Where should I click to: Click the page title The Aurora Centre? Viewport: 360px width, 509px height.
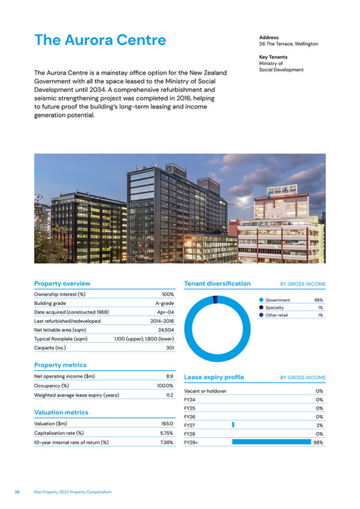(100, 40)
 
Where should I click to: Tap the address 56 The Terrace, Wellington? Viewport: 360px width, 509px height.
(288, 44)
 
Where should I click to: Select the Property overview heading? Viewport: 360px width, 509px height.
(62, 283)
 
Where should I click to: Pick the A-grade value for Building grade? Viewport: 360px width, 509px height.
(165, 303)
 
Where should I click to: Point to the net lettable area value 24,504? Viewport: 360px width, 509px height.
(166, 331)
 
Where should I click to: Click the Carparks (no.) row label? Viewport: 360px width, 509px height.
(55, 349)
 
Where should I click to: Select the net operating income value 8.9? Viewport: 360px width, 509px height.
(170, 376)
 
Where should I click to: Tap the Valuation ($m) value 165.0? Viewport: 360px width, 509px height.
(167, 423)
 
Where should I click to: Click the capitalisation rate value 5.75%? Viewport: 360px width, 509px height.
(166, 433)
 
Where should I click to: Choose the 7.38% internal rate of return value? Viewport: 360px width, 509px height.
(166, 442)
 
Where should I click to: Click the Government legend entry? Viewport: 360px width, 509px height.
(277, 300)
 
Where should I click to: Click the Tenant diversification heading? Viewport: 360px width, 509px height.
(217, 283)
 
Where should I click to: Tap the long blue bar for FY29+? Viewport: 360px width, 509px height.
(271, 442)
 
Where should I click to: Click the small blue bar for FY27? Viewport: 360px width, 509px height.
(233, 425)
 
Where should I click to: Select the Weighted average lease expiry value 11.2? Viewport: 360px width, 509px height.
(169, 394)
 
